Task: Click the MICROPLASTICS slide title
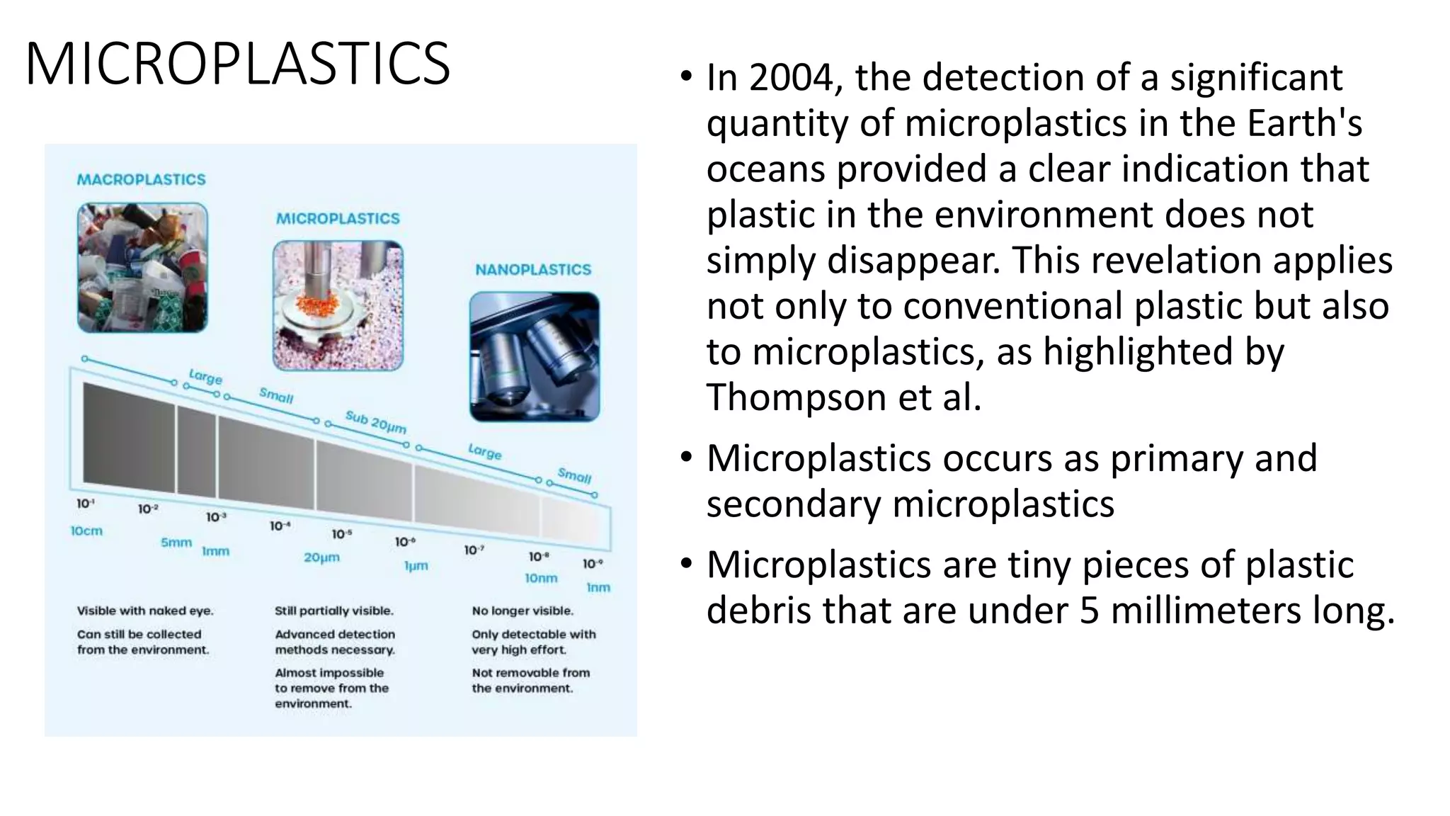(237, 64)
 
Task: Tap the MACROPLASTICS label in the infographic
(141, 180)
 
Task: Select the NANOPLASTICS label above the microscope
(532, 270)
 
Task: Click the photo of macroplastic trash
(142, 268)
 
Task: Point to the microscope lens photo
(534, 356)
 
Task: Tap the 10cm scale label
(86, 531)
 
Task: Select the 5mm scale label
(176, 543)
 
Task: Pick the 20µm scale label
(321, 557)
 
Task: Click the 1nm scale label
(598, 588)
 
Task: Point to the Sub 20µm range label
(375, 422)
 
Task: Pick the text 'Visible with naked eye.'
(145, 611)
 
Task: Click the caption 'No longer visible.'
(523, 611)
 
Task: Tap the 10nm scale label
(541, 579)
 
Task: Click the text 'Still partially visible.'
(333, 611)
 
